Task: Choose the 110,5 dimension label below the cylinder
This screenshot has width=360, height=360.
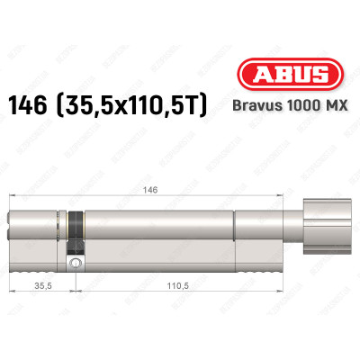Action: [184, 287]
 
